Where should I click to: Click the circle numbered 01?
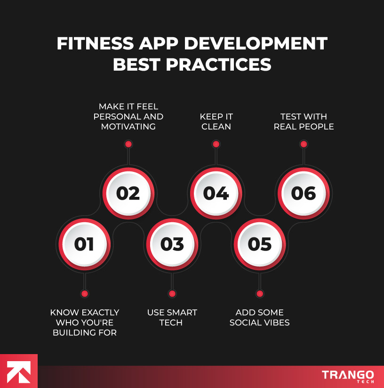click(x=84, y=244)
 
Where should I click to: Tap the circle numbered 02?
click(x=128, y=194)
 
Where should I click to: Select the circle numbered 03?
click(x=172, y=244)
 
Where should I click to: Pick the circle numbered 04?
click(x=216, y=194)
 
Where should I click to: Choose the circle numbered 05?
click(x=260, y=244)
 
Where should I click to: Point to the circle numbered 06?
click(x=304, y=194)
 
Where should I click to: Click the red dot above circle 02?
click(x=128, y=144)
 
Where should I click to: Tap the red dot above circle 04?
click(x=216, y=144)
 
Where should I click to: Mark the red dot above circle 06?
click(x=304, y=144)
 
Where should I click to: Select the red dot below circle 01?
click(x=84, y=294)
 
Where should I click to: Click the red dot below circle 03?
click(x=172, y=294)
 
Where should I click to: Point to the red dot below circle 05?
click(x=260, y=294)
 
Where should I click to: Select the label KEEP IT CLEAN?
click(x=216, y=121)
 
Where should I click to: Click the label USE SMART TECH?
click(x=172, y=317)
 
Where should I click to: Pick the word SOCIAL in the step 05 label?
click(x=246, y=323)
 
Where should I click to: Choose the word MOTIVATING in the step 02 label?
click(x=128, y=127)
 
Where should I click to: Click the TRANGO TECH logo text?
click(x=348, y=376)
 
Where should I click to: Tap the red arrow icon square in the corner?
click(x=18, y=371)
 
